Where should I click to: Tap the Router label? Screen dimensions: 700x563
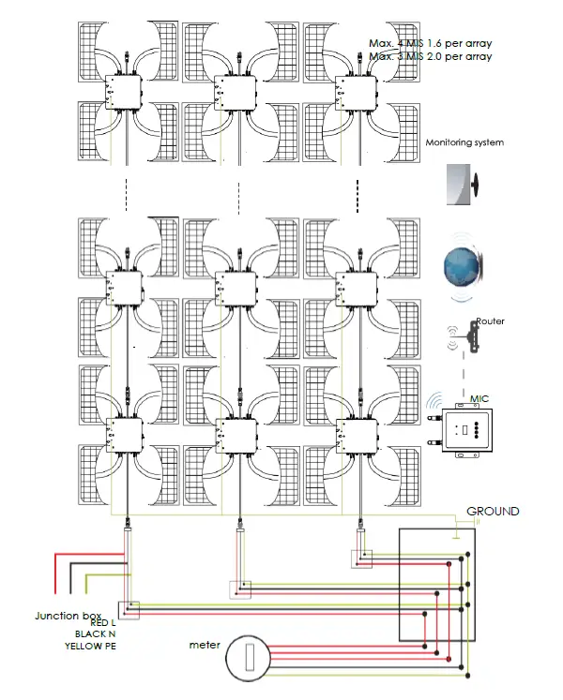(490, 321)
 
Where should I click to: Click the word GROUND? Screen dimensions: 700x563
(493, 512)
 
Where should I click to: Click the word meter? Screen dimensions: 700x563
(205, 645)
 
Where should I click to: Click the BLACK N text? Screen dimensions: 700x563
(96, 634)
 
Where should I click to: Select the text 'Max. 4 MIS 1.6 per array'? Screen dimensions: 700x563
(431, 44)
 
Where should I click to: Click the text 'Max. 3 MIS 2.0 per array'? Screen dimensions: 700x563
(431, 57)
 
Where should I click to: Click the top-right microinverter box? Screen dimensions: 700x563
(353, 93)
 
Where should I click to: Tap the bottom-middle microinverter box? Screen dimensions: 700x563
(237, 434)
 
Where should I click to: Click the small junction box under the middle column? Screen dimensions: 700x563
(240, 588)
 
